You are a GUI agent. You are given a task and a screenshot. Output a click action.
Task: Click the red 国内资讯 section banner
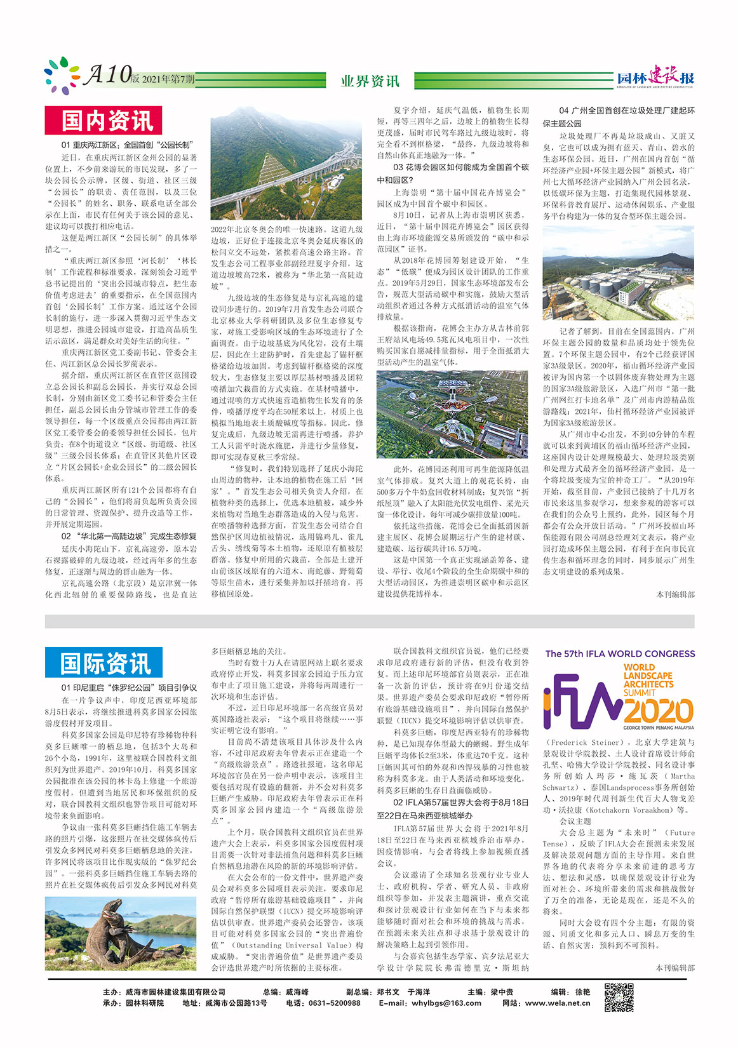point(104,121)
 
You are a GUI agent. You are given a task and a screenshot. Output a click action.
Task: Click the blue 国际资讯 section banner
point(104,664)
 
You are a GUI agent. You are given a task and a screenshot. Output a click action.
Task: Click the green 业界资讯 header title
point(370,81)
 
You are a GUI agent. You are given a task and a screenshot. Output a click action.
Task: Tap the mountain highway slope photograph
point(286,164)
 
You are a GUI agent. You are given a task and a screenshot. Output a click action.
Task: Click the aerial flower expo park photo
point(452,414)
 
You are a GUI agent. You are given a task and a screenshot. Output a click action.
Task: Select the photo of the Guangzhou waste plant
point(619,273)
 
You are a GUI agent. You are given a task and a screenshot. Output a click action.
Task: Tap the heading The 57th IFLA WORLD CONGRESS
point(620,653)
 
